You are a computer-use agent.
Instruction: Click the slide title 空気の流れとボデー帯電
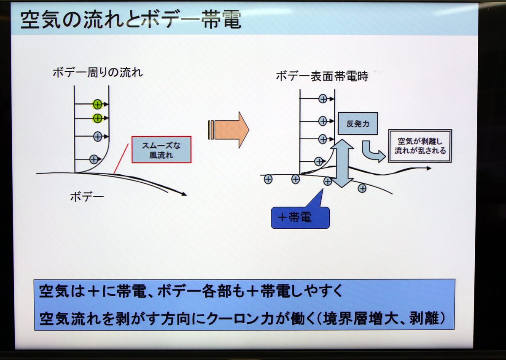pyautogui.click(x=131, y=19)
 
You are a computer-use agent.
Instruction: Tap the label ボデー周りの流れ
pyautogui.click(x=97, y=73)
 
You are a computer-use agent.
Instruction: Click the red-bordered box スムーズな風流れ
pyautogui.click(x=161, y=149)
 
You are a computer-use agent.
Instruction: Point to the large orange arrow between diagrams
pyautogui.click(x=229, y=130)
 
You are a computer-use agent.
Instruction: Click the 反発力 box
pyautogui.click(x=358, y=124)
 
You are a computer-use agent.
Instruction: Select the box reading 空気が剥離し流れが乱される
pyautogui.click(x=420, y=146)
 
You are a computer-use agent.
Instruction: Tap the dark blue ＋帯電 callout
pyautogui.click(x=300, y=217)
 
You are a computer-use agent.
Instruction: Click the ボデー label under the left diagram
pyautogui.click(x=87, y=197)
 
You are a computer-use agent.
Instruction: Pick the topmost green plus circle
pyautogui.click(x=97, y=104)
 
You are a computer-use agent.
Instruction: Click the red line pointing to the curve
pyautogui.click(x=121, y=158)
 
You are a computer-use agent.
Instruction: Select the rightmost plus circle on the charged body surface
pyautogui.click(x=362, y=188)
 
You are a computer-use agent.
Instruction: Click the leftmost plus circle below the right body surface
pyautogui.click(x=268, y=179)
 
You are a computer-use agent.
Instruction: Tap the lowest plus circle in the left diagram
pyautogui.click(x=94, y=159)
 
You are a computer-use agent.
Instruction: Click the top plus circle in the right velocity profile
pyautogui.click(x=323, y=99)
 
